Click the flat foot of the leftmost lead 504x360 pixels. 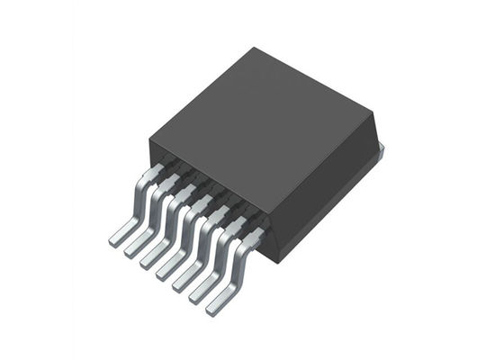120,238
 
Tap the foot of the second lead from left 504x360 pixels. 135,251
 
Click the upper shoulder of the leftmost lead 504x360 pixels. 154,171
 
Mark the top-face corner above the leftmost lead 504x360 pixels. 148,137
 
